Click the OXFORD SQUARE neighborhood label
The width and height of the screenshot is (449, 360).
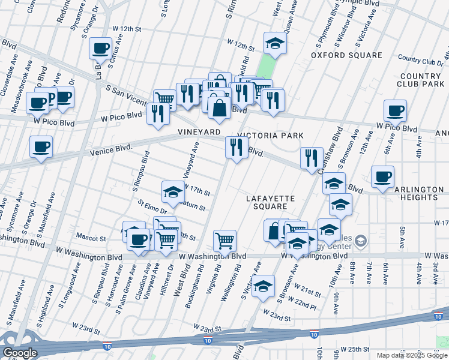pos(346,55)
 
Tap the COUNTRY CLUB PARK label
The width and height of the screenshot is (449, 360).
pos(421,80)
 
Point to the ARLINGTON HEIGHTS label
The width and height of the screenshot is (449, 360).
pos(419,193)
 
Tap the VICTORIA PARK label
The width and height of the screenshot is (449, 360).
pos(270,136)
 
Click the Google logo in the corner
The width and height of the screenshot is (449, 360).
pos(20,353)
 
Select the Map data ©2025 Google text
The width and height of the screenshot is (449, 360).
pos(412,355)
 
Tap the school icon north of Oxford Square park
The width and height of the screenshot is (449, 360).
pos(275,43)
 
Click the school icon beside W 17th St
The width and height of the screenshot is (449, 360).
pos(173,192)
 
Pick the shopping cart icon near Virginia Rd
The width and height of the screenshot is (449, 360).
pos(224,241)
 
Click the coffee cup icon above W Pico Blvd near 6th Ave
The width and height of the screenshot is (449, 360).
pos(395,110)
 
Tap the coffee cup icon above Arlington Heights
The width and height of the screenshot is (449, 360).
pos(382,176)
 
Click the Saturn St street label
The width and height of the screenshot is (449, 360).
pos(193,207)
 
